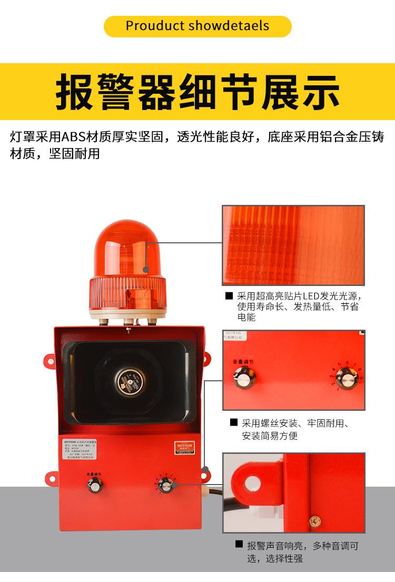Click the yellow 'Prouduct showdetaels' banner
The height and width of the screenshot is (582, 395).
pyautogui.click(x=197, y=26)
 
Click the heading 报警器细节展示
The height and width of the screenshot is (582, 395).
pyautogui.click(x=197, y=93)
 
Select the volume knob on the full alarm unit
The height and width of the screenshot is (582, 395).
pyautogui.click(x=95, y=486)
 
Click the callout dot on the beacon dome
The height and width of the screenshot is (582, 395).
pyautogui.click(x=146, y=270)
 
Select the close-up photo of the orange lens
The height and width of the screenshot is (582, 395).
pyautogui.click(x=293, y=245)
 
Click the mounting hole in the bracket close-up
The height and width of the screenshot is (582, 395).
pyautogui.click(x=253, y=481)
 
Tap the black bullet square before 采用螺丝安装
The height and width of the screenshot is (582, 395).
pyautogui.click(x=234, y=422)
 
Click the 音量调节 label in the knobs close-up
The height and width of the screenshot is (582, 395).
pyautogui.click(x=243, y=362)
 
